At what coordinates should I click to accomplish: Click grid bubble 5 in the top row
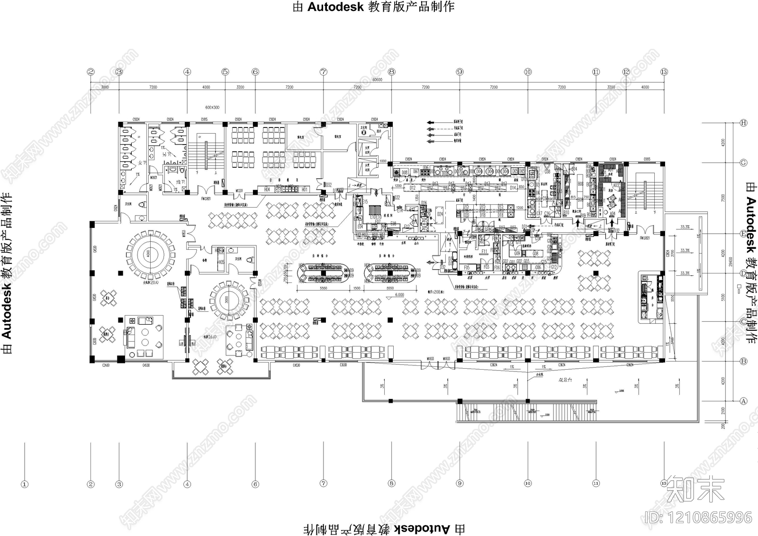point(225,72)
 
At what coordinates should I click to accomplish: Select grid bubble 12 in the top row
point(626,72)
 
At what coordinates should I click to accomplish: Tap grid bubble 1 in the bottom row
point(25,484)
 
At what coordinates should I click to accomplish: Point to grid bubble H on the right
point(743,123)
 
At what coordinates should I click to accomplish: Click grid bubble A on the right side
point(743,401)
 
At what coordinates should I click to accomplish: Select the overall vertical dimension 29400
point(731,262)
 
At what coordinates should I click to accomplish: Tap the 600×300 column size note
point(212,108)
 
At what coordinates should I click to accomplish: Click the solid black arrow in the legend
point(431,122)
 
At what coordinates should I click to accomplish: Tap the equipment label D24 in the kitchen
point(440,214)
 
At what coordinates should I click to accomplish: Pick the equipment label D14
point(513,188)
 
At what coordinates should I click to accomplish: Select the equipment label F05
point(467,267)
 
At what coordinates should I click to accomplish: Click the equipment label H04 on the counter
point(267,190)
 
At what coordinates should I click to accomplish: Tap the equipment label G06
point(538,267)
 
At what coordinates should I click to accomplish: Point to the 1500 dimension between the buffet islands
point(357,288)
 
